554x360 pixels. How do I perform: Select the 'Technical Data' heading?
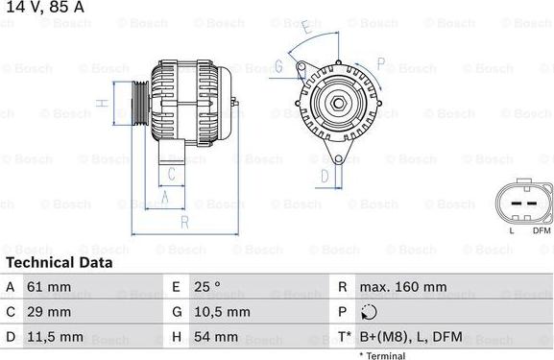pyautogui.click(x=59, y=262)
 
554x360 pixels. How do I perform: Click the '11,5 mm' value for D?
pyautogui.click(x=55, y=338)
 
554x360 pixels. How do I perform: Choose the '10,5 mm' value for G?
pyautogui.click(x=224, y=312)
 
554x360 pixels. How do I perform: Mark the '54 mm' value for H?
pyautogui.click(x=218, y=338)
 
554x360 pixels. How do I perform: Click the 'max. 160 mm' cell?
pyautogui.click(x=402, y=287)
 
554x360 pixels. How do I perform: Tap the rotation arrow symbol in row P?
pyautogui.click(x=369, y=312)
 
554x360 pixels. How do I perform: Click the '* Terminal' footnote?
pyautogui.click(x=382, y=355)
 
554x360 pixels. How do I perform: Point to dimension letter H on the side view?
pyautogui.click(x=100, y=102)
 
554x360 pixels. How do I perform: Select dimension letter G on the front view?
pyautogui.click(x=277, y=66)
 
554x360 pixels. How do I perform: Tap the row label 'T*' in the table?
pyautogui.click(x=343, y=338)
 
